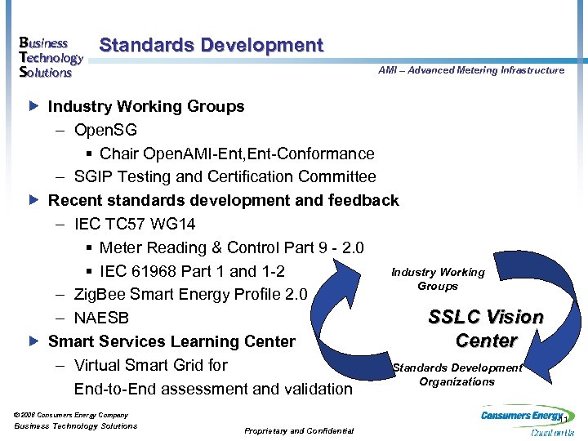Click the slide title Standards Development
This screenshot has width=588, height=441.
point(211,46)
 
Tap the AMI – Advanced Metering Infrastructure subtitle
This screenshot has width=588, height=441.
point(471,70)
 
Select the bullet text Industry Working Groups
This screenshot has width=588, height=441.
point(146,106)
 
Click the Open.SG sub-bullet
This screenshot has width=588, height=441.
point(105,130)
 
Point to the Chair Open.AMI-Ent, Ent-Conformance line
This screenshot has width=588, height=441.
point(236,154)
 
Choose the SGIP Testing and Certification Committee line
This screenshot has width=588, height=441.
point(225,176)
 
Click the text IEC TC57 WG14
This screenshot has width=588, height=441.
point(135,224)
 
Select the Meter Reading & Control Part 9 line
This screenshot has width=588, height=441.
point(231,247)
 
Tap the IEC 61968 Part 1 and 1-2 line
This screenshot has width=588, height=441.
point(192,271)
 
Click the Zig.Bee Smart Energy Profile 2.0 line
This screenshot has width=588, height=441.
point(190,295)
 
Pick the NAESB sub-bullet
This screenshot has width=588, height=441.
point(101,318)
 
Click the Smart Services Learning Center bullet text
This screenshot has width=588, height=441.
point(171,341)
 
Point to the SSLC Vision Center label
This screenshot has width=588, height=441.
point(487,328)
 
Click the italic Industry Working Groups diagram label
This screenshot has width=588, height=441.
point(438,279)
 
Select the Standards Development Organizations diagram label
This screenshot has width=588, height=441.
point(457,375)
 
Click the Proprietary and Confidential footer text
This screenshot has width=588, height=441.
point(299,430)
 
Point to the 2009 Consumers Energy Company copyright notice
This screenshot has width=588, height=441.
point(72,415)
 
